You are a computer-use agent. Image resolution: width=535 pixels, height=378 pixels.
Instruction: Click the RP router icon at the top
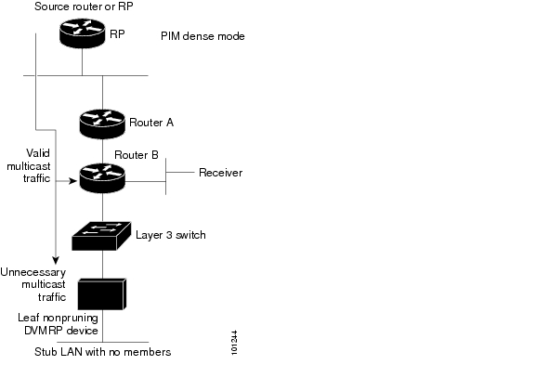[x=83, y=33]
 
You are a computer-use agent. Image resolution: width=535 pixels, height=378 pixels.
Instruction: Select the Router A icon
[x=102, y=124]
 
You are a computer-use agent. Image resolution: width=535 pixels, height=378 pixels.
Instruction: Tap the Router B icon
[x=102, y=178]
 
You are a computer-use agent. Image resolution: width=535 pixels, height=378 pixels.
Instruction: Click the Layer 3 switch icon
[x=101, y=236]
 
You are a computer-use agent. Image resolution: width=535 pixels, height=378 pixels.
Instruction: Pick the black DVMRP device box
[x=102, y=294]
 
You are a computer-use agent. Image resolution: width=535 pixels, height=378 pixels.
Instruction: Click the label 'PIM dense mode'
[x=202, y=36]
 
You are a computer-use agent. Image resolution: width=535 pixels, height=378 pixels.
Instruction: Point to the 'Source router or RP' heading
[x=84, y=7]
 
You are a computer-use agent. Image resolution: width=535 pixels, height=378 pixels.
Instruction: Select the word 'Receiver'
[x=221, y=173]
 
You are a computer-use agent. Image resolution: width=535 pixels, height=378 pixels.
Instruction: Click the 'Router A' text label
[x=151, y=123]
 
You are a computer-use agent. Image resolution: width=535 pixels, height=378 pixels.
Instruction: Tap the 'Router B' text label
[x=137, y=155]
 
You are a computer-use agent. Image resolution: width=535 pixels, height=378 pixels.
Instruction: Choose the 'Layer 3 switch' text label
[x=171, y=235]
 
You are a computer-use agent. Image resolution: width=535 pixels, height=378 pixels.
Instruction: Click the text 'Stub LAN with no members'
[x=103, y=352]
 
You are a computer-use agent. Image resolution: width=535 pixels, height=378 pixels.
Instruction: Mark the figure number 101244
[x=234, y=343]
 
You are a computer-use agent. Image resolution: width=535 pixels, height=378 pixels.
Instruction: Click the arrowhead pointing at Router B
[x=73, y=181]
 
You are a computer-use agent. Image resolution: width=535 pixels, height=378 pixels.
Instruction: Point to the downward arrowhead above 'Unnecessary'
[x=56, y=260]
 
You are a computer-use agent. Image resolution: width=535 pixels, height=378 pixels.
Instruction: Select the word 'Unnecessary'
[x=33, y=272]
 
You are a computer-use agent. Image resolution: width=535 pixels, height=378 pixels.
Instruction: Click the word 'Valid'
[x=38, y=153]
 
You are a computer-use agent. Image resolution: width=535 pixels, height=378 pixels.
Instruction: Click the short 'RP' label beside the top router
[x=117, y=34]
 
